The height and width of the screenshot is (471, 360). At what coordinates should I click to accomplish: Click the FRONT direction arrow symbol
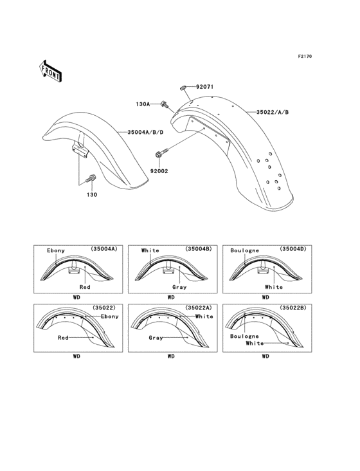pos(51,70)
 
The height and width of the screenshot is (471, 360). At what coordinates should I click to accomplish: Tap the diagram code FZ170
pos(304,57)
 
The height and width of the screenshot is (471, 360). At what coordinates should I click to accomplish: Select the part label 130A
pos(143,103)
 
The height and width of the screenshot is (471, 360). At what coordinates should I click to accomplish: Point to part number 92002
pos(160,171)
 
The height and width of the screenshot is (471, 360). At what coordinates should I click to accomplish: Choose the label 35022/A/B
pos(273,112)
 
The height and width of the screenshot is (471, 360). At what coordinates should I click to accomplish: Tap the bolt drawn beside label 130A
pos(165,103)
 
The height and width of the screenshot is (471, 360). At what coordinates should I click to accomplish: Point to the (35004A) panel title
pos(104,249)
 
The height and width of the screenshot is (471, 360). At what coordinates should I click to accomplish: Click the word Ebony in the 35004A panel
pos(56,250)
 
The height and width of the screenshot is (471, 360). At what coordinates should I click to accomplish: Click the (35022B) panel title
pos(293,308)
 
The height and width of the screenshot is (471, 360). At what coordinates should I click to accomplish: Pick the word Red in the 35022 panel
pos(63,337)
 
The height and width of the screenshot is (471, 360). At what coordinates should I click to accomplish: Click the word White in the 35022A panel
pos(204,317)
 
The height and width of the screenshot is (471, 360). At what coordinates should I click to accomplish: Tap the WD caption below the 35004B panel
pos(171,297)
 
